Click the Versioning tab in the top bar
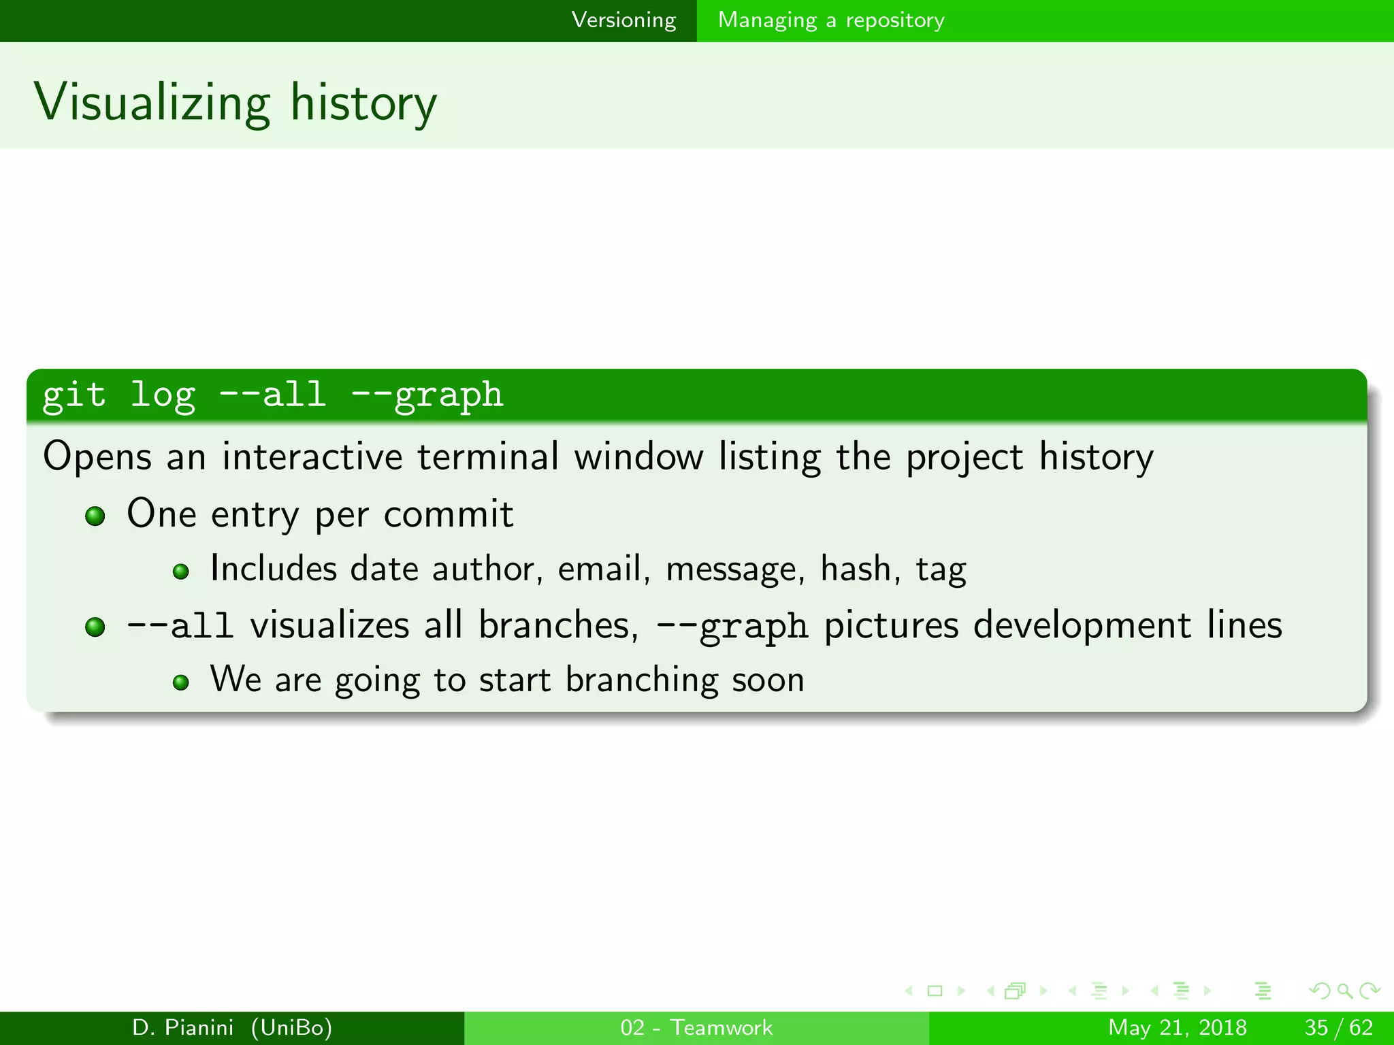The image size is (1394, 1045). pyautogui.click(x=623, y=20)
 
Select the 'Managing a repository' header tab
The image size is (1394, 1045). pyautogui.click(x=831, y=20)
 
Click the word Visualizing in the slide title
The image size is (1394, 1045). pyautogui.click(x=152, y=103)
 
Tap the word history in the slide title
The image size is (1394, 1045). pyautogui.click(x=363, y=103)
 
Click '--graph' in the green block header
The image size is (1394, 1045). pyautogui.click(x=427, y=395)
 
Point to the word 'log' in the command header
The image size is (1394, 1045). pyautogui.click(x=163, y=395)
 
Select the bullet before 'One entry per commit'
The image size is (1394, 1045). pyautogui.click(x=95, y=516)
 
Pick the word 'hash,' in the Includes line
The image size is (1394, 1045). pyautogui.click(x=860, y=569)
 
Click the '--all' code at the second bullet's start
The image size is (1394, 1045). pyautogui.click(x=180, y=626)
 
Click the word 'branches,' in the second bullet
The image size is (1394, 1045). pyautogui.click(x=558, y=625)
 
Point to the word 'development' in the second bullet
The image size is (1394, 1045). pyautogui.click(x=1082, y=625)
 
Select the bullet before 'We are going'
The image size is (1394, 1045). pyautogui.click(x=180, y=682)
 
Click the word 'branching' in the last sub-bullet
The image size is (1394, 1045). pyautogui.click(x=641, y=680)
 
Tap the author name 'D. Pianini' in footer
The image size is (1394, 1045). pyautogui.click(x=182, y=1027)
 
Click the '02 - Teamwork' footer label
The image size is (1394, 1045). pyautogui.click(x=696, y=1027)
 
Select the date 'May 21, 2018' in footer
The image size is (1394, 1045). pyautogui.click(x=1177, y=1027)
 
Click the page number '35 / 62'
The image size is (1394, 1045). pyautogui.click(x=1338, y=1027)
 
